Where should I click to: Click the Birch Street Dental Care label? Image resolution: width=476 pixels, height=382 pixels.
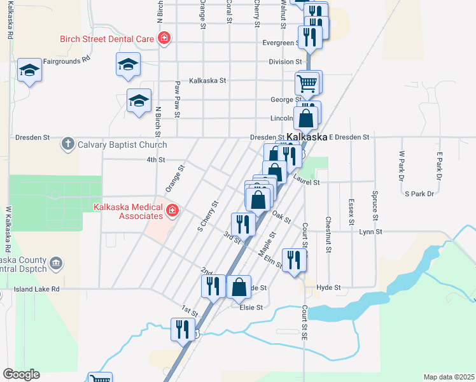[x=107, y=38]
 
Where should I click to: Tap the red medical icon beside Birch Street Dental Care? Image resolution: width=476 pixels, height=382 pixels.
[x=164, y=38]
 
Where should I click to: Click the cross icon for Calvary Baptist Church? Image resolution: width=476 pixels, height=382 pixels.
[x=67, y=145]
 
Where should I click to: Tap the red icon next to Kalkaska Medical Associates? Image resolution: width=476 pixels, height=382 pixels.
[x=172, y=210]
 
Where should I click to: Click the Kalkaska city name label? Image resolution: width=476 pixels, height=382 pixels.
[x=307, y=138]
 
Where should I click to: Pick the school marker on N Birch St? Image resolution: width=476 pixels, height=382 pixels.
[x=139, y=101]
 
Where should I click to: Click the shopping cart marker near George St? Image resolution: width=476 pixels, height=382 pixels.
[x=307, y=83]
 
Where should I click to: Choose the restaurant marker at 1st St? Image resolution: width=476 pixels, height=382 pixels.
[x=183, y=329]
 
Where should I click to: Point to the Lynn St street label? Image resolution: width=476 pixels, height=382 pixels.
[x=370, y=232]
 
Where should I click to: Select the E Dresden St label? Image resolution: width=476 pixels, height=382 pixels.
[x=349, y=138]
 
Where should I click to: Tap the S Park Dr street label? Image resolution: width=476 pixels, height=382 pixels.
[x=419, y=194]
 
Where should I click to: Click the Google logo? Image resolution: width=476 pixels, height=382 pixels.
[x=22, y=374]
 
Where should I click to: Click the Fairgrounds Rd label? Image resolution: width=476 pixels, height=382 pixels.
[x=67, y=61]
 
